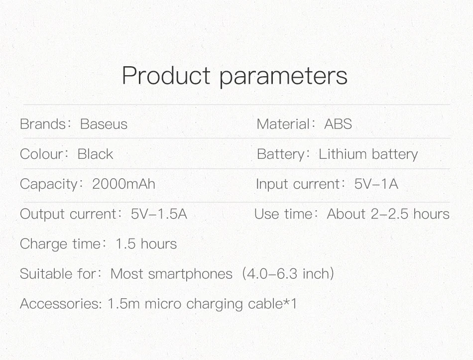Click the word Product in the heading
click(166, 76)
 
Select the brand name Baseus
click(104, 124)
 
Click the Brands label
click(43, 124)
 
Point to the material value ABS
click(338, 124)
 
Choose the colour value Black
click(95, 154)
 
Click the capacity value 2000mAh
click(123, 184)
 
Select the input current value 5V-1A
click(376, 184)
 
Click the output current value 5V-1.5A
click(159, 214)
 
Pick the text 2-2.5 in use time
click(389, 214)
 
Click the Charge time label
click(60, 244)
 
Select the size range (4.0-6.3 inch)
click(288, 274)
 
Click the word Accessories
click(59, 304)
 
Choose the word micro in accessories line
click(163, 304)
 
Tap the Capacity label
click(49, 184)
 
